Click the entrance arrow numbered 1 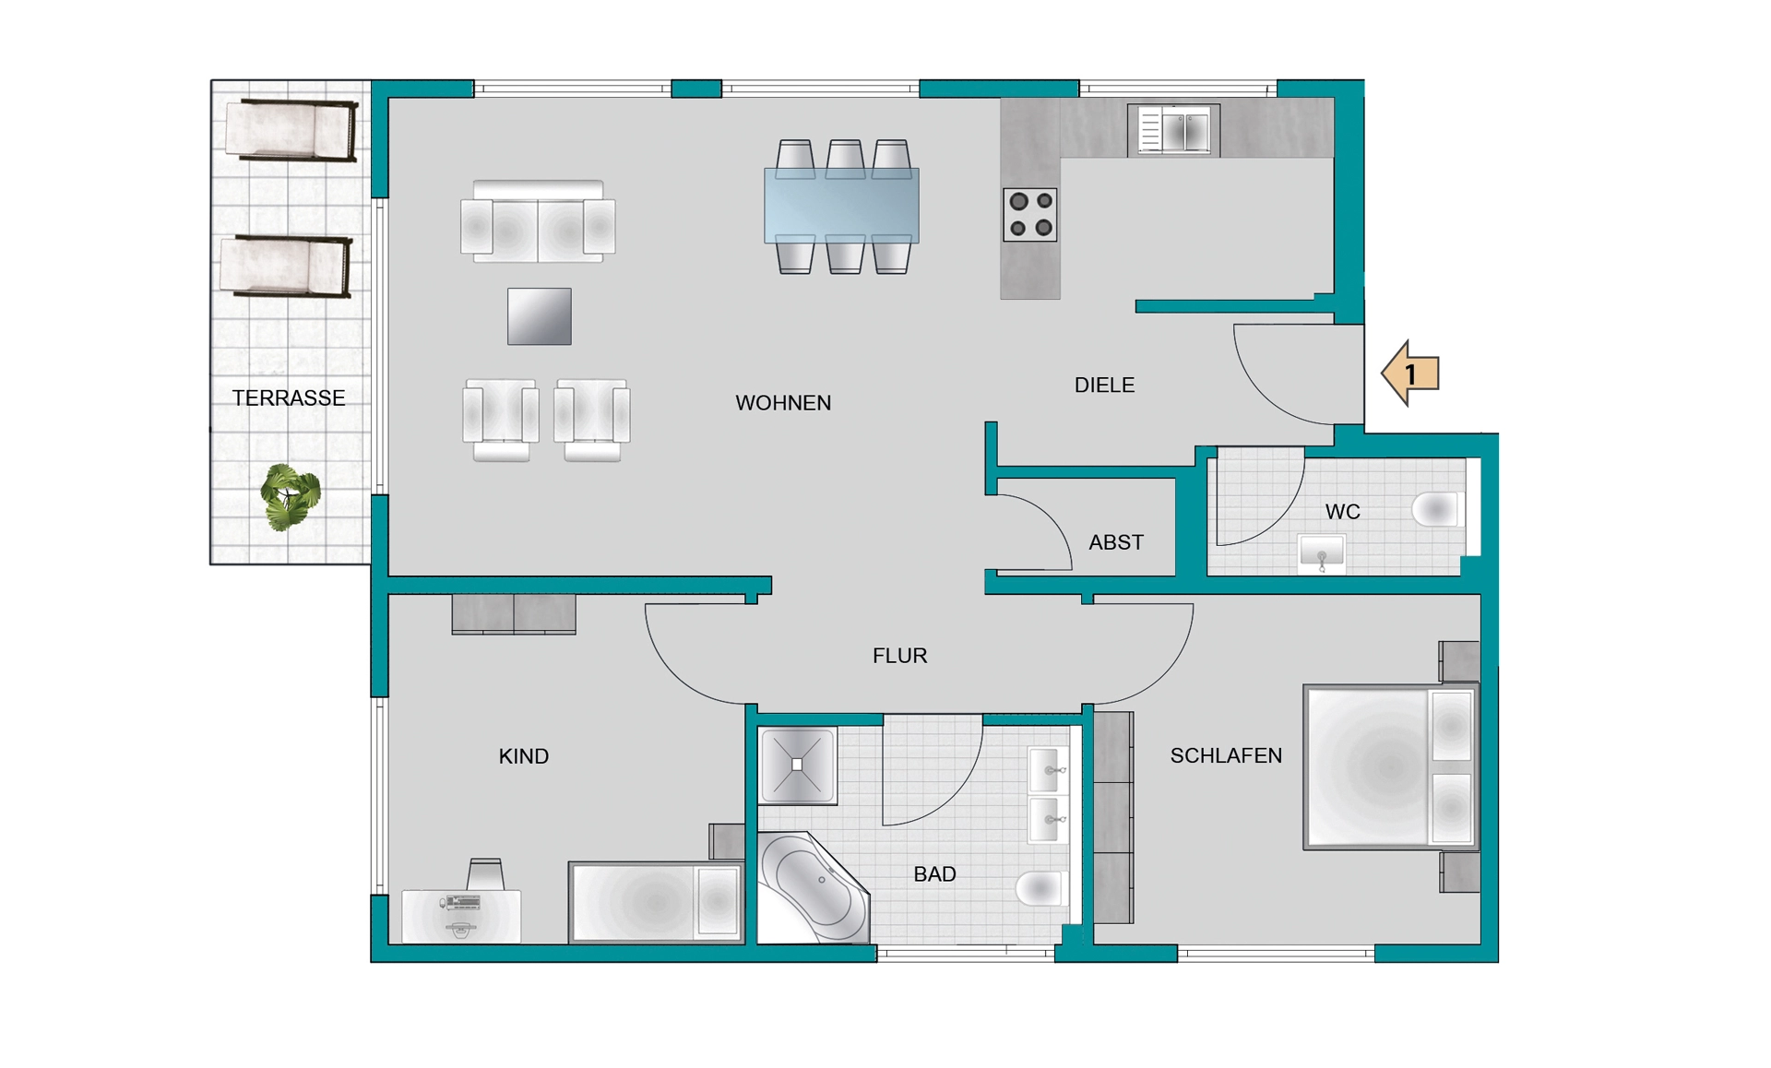coord(1409,374)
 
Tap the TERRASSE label coord(289,398)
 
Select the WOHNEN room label coord(783,403)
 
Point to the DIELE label coord(1104,386)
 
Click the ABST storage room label coord(1116,542)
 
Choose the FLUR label coord(900,656)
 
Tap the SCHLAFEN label coord(1226,756)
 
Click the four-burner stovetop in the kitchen coord(1030,215)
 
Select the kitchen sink coord(1173,130)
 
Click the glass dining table coord(841,207)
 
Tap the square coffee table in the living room coord(540,316)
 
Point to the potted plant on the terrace coord(291,497)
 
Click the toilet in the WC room coord(1436,509)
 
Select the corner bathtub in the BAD coord(813,887)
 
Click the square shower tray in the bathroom coord(798,765)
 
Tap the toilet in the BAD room coord(1041,888)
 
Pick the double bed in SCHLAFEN coord(1391,766)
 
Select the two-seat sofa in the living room coord(539,221)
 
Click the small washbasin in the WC coord(1321,554)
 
